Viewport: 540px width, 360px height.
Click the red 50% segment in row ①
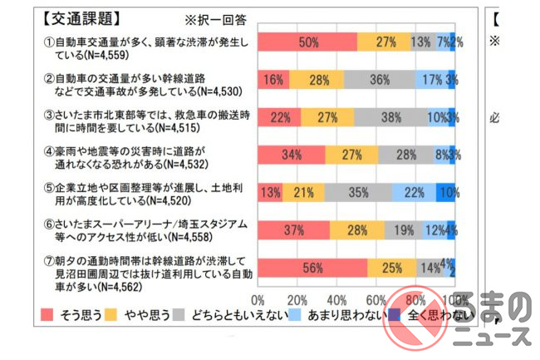click(307, 42)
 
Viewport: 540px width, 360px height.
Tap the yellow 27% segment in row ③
click(327, 117)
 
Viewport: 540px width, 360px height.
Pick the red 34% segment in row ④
click(292, 155)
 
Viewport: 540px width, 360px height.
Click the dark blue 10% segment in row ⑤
click(445, 193)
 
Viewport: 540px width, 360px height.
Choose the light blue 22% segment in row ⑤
click(414, 193)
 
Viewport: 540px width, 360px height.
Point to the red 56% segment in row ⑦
click(312, 268)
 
